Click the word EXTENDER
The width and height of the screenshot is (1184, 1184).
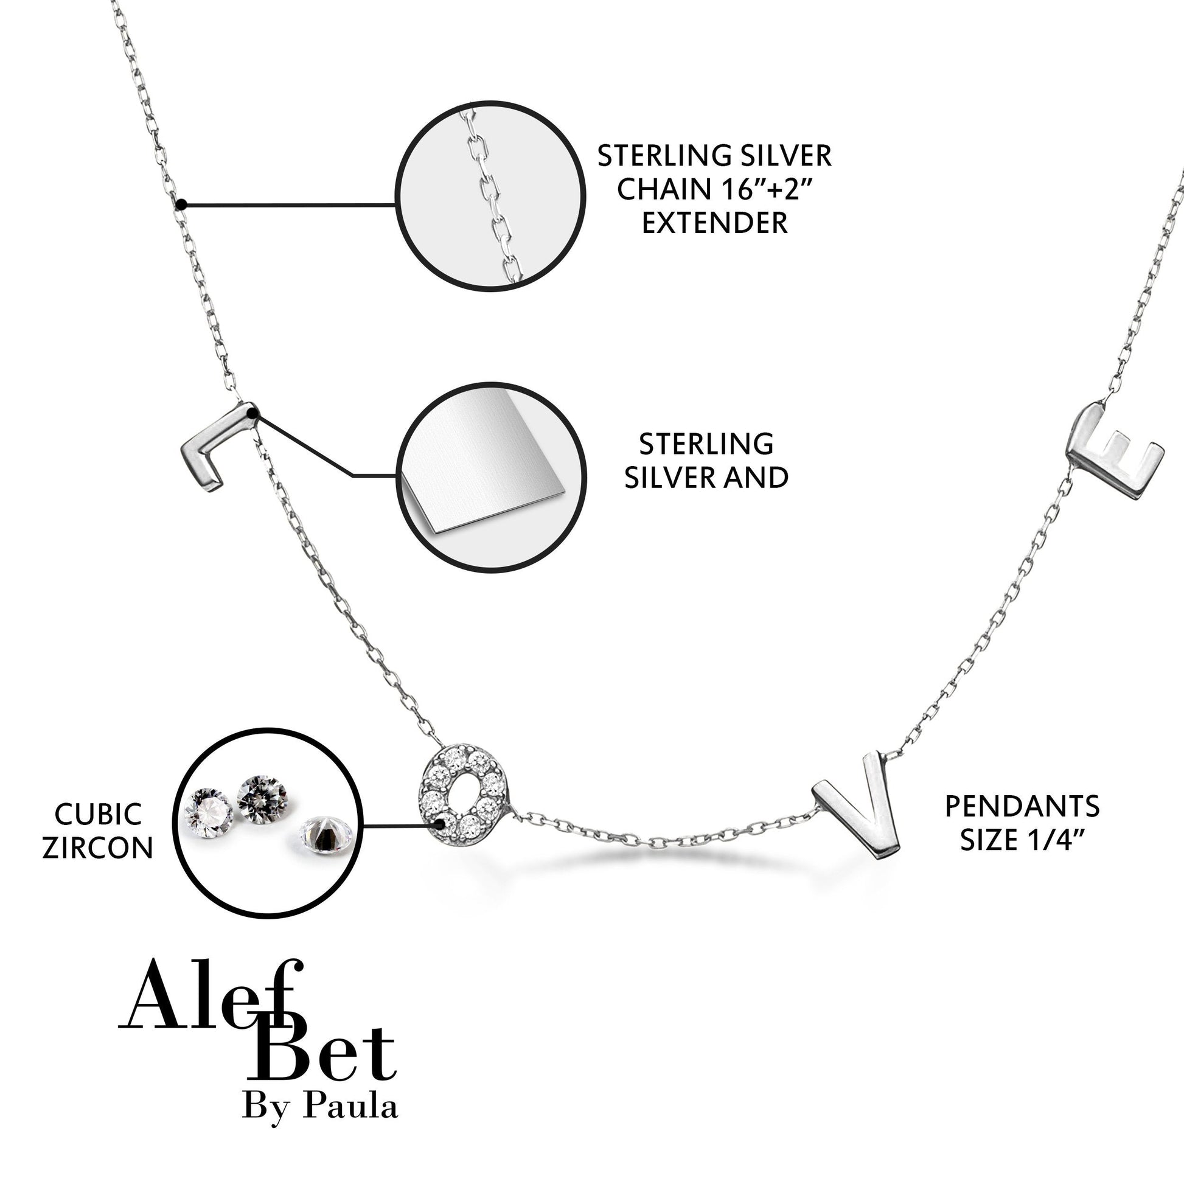point(714,223)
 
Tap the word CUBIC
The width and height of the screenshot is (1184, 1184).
point(98,815)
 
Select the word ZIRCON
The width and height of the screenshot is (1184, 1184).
point(98,848)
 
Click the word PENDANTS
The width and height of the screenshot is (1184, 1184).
point(1022,807)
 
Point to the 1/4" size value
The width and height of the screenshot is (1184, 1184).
point(1049,840)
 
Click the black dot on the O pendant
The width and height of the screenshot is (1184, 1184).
point(439,825)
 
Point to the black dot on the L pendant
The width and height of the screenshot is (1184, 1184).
point(254,414)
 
